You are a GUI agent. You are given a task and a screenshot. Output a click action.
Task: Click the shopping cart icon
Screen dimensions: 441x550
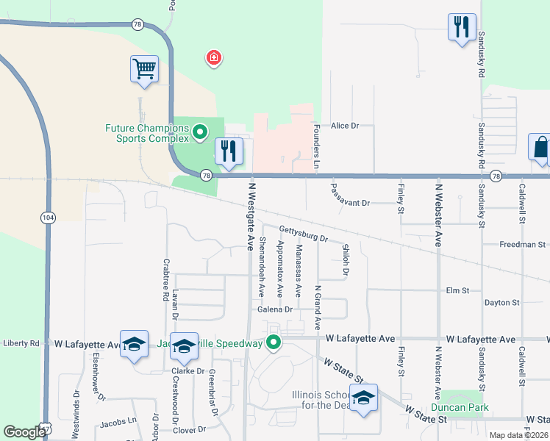144,69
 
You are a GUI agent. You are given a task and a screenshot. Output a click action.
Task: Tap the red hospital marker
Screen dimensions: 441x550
214,57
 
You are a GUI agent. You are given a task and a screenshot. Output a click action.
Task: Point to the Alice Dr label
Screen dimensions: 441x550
344,126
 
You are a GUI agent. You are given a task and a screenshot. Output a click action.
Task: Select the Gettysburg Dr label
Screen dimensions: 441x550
303,237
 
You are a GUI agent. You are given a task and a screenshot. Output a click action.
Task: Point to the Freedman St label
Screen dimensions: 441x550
523,244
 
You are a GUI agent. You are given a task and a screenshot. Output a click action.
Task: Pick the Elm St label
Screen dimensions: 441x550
457,291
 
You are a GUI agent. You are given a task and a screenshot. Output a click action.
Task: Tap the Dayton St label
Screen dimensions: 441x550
501,302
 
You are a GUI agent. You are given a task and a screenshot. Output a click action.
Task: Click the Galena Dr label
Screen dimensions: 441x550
275,309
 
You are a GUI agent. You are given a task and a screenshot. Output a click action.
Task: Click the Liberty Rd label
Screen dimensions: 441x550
21,343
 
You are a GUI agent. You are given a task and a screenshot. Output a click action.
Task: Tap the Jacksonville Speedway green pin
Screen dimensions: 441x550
274,343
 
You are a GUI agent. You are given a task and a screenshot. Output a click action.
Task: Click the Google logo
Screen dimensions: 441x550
25,432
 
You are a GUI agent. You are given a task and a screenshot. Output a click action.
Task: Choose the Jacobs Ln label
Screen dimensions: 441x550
118,421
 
